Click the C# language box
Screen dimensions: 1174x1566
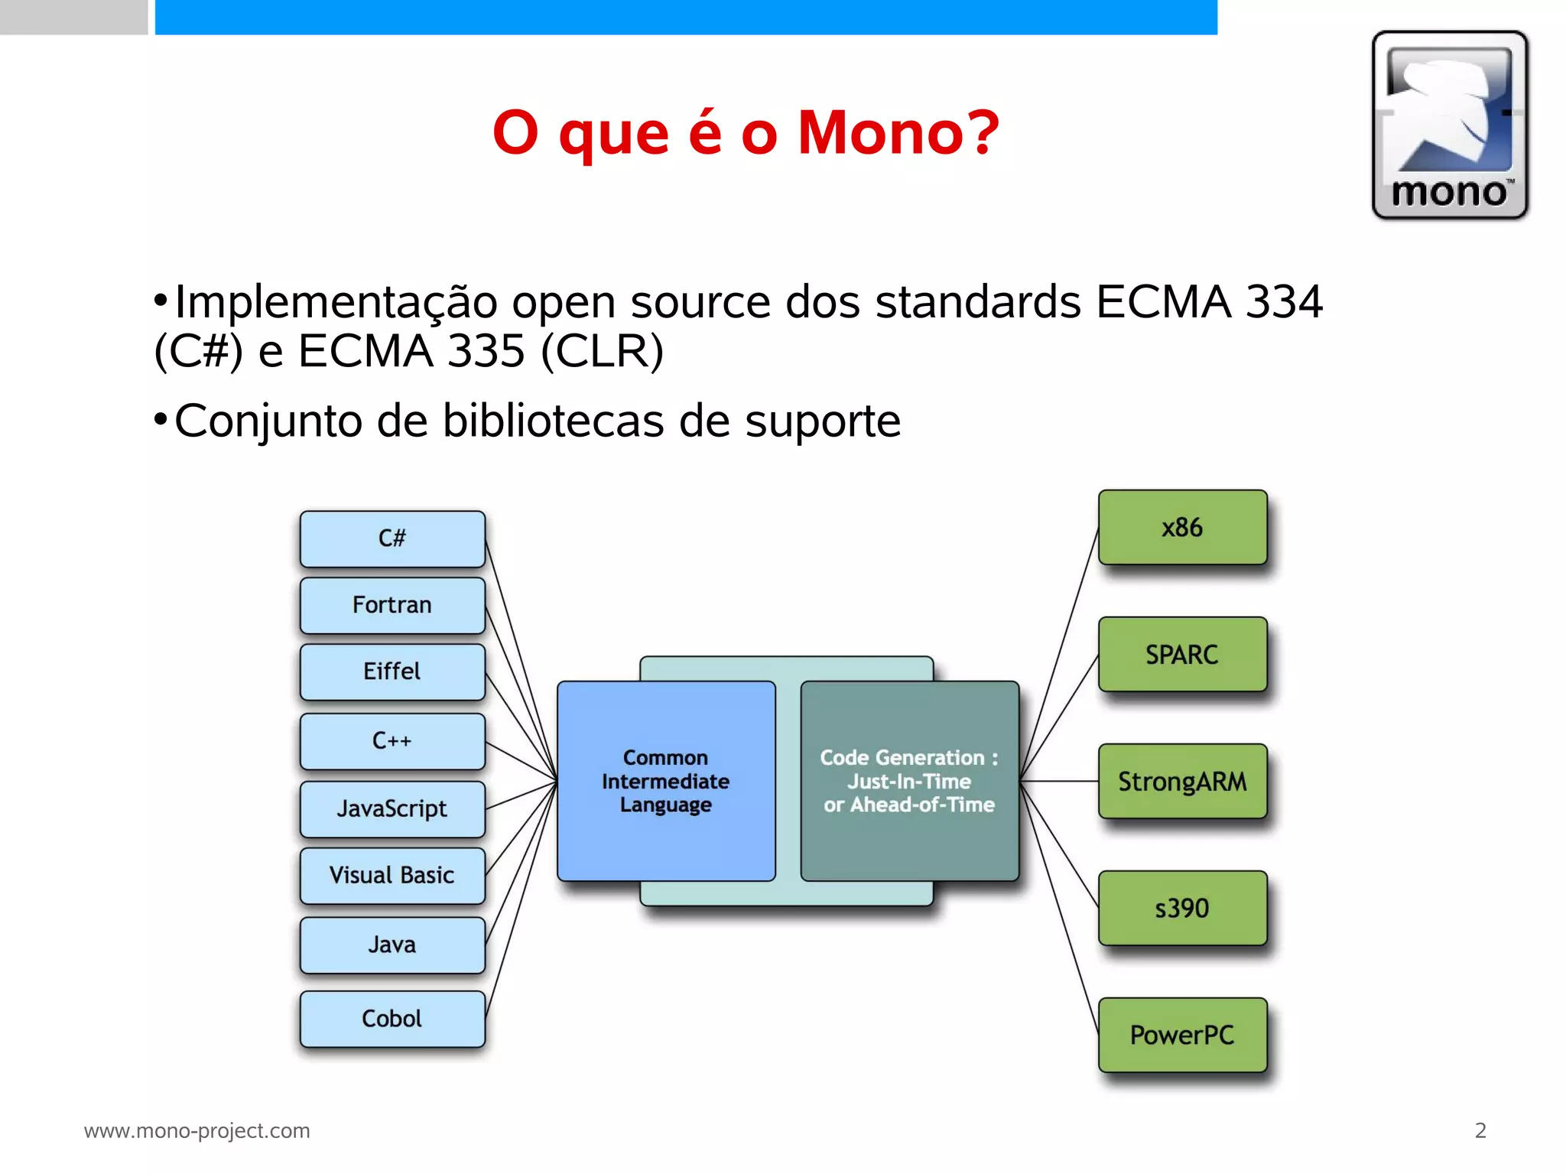coord(392,538)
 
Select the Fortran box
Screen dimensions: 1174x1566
coord(392,605)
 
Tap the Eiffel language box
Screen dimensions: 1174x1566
coord(392,672)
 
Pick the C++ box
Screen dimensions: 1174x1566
coord(392,740)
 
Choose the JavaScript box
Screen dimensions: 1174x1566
coord(392,808)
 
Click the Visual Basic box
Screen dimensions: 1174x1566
coord(392,875)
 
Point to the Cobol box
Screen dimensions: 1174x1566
coord(392,1019)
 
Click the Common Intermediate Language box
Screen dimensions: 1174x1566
coord(666,781)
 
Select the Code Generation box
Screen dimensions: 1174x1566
coord(909,781)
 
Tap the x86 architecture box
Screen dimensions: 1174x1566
coord(1182,528)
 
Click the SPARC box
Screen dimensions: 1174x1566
coord(1182,655)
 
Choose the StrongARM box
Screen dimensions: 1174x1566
coord(1182,782)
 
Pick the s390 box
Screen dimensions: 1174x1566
coord(1182,909)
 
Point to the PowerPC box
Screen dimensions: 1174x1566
coord(1182,1036)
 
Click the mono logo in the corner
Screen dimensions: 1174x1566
coord(1450,125)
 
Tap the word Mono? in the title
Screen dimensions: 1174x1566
coord(898,132)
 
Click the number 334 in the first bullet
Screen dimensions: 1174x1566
coord(1284,301)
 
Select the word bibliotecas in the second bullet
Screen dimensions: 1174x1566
coord(553,421)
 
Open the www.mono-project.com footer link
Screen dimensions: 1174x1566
coord(197,1130)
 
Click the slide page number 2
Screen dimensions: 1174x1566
coord(1480,1130)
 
